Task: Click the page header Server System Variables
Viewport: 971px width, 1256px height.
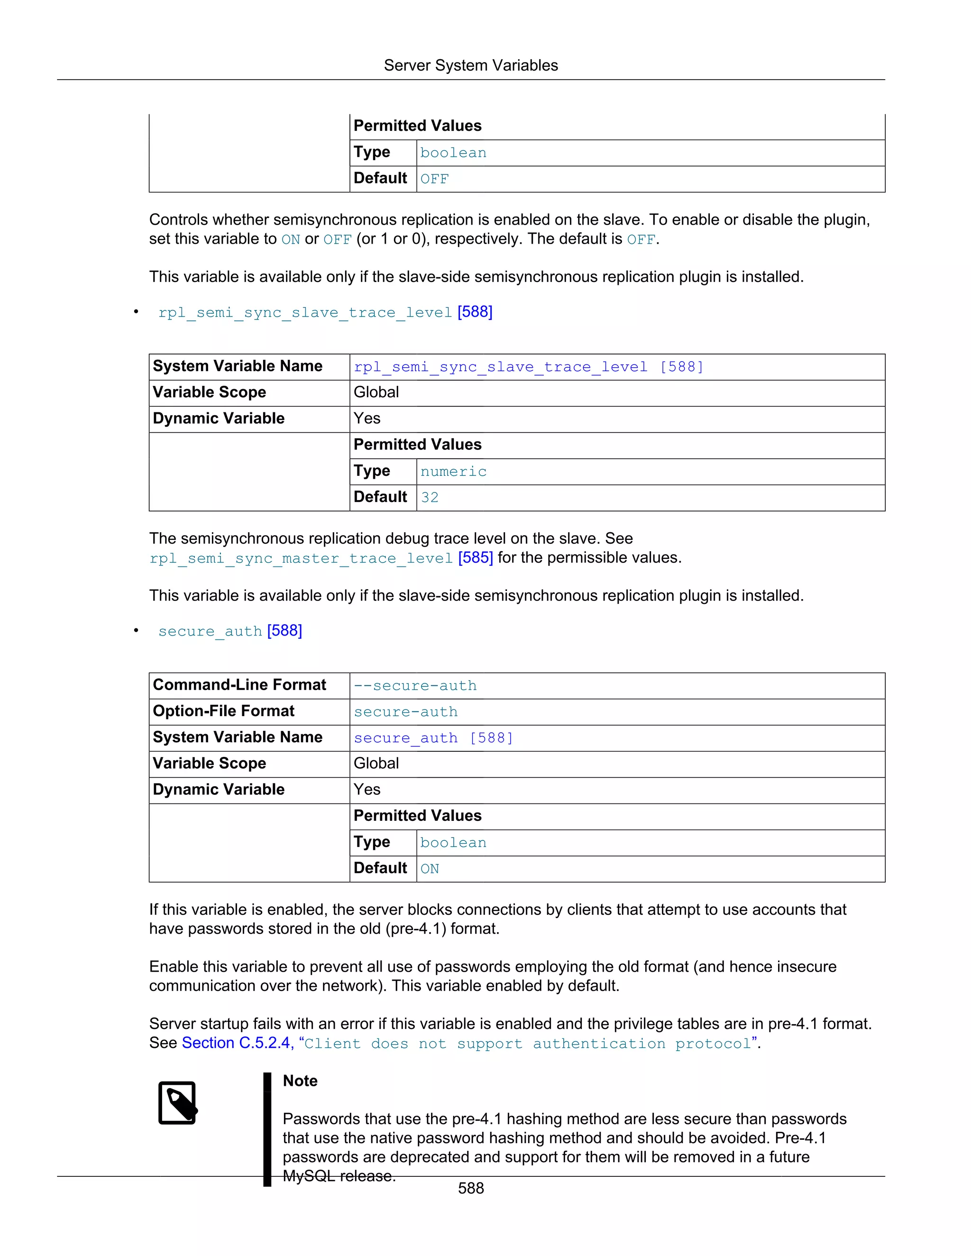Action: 470,65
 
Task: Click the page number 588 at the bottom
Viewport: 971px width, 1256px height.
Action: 470,1188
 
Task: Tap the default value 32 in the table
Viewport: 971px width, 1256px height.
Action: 430,498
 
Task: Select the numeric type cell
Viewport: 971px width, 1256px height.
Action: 453,472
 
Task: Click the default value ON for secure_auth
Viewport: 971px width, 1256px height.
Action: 430,869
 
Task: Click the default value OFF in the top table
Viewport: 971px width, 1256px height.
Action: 434,179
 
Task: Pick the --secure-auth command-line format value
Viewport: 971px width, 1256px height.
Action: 415,685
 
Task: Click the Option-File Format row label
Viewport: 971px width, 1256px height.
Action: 223,711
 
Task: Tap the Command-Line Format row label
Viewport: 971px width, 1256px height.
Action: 239,685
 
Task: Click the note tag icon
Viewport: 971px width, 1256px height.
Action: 178,1103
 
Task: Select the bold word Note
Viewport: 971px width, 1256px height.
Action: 300,1081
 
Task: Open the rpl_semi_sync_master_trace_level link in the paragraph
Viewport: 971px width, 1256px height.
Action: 301,558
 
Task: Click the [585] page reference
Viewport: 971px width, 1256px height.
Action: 475,558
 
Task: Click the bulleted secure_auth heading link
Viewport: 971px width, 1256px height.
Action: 210,631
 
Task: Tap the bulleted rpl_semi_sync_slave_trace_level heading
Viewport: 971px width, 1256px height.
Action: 305,312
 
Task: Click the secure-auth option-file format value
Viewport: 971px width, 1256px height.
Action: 405,712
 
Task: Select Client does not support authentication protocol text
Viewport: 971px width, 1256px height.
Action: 528,1044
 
